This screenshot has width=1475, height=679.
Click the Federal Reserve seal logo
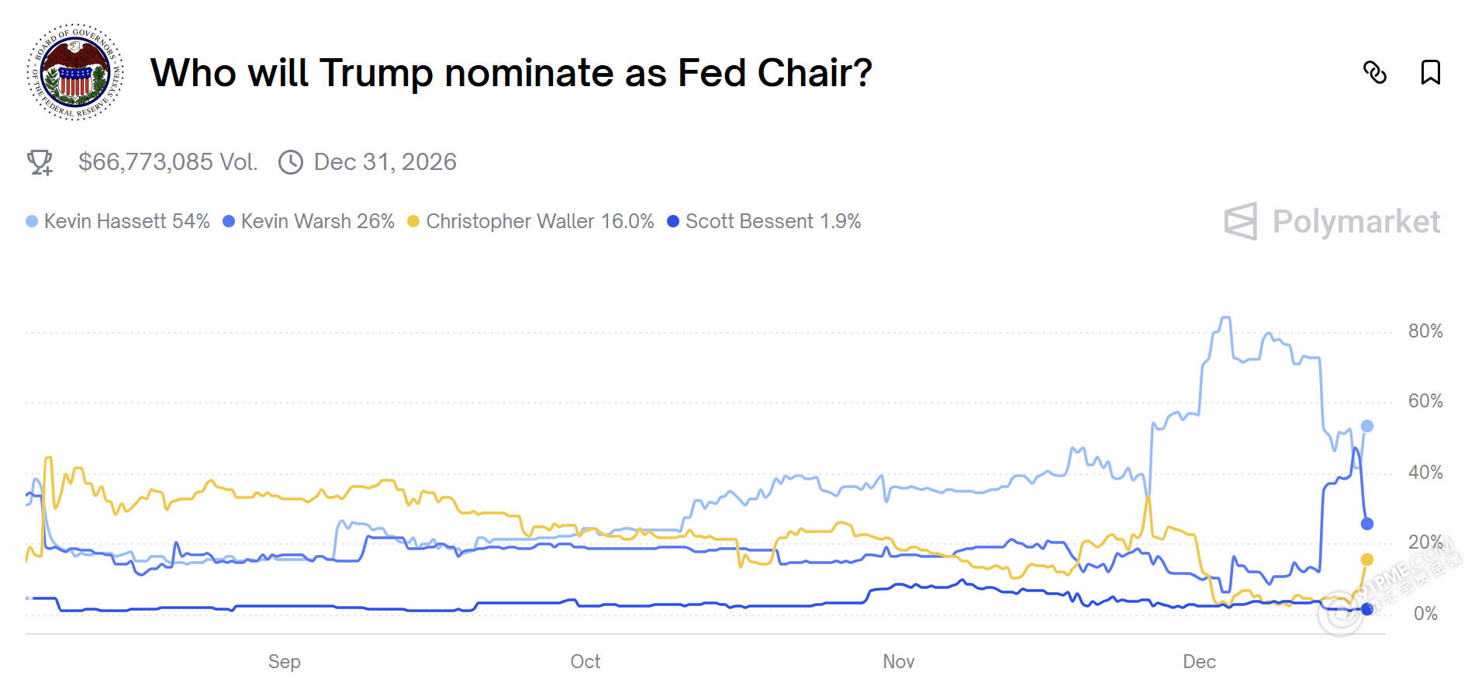[x=75, y=72]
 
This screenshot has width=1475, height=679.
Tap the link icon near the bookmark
[x=1375, y=73]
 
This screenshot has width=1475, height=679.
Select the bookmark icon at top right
[x=1430, y=73]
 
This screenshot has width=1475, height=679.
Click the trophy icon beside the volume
[x=40, y=162]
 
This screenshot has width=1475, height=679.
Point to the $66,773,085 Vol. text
[x=168, y=162]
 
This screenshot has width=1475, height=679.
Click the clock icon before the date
[x=291, y=162]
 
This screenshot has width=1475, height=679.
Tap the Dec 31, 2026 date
[x=385, y=162]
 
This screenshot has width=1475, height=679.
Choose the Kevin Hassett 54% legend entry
[x=118, y=221]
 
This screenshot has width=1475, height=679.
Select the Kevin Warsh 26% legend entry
[x=309, y=221]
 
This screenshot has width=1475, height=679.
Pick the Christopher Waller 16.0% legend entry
[x=530, y=221]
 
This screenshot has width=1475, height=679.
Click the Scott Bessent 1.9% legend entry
[x=764, y=221]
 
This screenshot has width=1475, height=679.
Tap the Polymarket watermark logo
[x=1332, y=222]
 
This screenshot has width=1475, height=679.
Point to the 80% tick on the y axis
[x=1425, y=331]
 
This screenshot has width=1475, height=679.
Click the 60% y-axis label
[x=1425, y=401]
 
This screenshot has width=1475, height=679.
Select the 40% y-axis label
[x=1425, y=473]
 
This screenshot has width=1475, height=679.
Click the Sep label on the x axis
[x=285, y=662]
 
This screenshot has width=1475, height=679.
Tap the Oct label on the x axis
[x=586, y=662]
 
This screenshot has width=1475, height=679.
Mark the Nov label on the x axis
[x=899, y=662]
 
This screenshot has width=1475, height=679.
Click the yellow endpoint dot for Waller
[x=1367, y=559]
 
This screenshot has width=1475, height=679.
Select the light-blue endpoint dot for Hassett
[x=1367, y=426]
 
